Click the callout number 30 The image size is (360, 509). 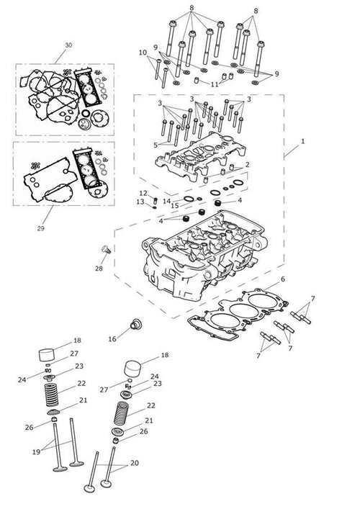pyautogui.click(x=68, y=45)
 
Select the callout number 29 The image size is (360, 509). pyautogui.click(x=40, y=228)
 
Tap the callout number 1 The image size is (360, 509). pyautogui.click(x=303, y=141)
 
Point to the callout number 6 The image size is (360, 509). pyautogui.click(x=283, y=279)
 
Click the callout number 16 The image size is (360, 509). pyautogui.click(x=112, y=339)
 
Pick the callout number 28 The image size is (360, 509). pyautogui.click(x=99, y=269)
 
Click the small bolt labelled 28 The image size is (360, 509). pyautogui.click(x=106, y=249)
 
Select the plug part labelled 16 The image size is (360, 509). pyautogui.click(x=135, y=324)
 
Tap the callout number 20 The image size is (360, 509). pyautogui.click(x=135, y=463)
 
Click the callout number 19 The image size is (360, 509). pyautogui.click(x=36, y=452)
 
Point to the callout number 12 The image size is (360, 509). pyautogui.click(x=143, y=194)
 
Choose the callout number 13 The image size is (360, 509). pyautogui.click(x=140, y=202)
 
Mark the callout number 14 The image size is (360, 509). pyautogui.click(x=166, y=202)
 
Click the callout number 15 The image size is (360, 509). pyautogui.click(x=175, y=206)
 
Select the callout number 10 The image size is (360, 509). pyautogui.click(x=143, y=53)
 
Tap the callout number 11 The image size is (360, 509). pyautogui.click(x=215, y=84)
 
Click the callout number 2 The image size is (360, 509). pyautogui.click(x=248, y=165)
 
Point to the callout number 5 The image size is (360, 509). pyautogui.click(x=156, y=145)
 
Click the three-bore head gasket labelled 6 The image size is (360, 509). pyautogui.click(x=238, y=314)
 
